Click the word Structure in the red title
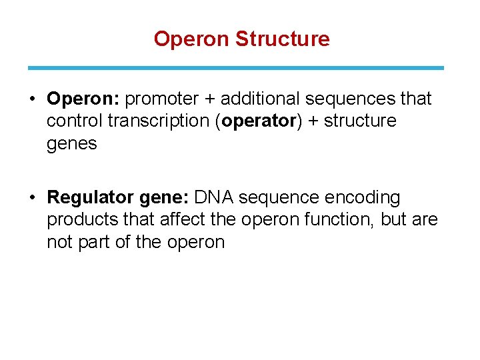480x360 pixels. point(282,39)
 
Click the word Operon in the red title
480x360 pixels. point(192,39)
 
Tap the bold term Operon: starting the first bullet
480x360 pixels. point(83,99)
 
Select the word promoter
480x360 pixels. point(162,99)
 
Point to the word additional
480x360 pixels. point(260,99)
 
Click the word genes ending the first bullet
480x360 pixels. point(71,143)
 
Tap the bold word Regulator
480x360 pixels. point(91,198)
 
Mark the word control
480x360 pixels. point(74,121)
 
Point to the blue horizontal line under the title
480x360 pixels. point(235,67)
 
